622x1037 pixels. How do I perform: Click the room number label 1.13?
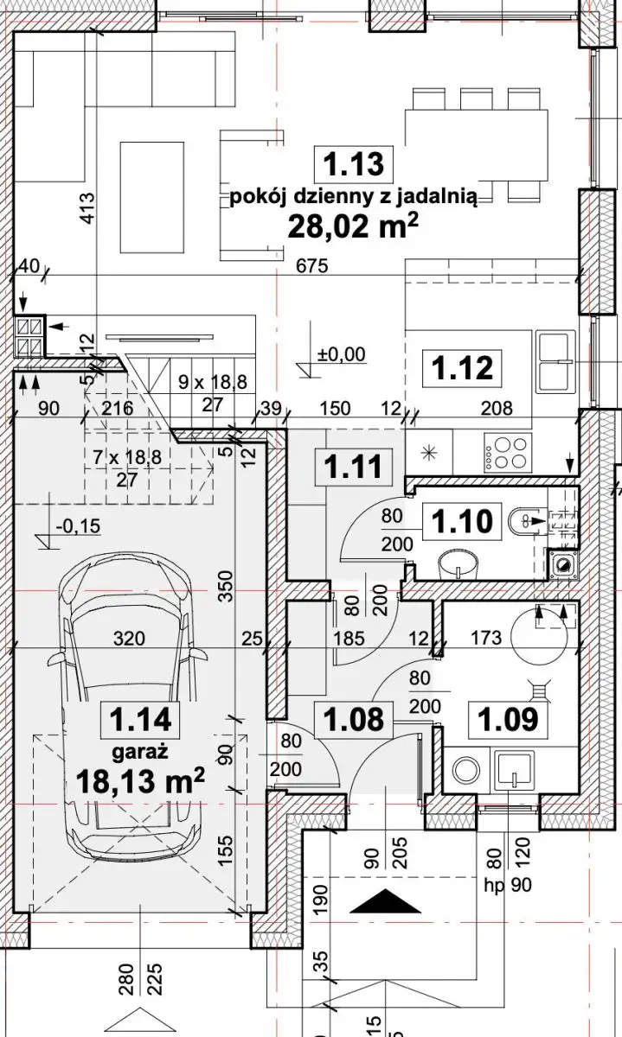pyautogui.click(x=354, y=164)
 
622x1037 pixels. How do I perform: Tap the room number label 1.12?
pyautogui.click(x=462, y=368)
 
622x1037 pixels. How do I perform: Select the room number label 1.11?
pyautogui.click(x=354, y=467)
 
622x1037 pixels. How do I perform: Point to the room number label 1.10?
pyautogui.click(x=462, y=521)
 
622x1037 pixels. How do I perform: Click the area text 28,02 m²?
pyautogui.click(x=353, y=226)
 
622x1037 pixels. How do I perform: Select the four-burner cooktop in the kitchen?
pyautogui.click(x=508, y=451)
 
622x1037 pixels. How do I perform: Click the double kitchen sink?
pyautogui.click(x=556, y=360)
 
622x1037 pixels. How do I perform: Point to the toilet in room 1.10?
pyautogui.click(x=528, y=521)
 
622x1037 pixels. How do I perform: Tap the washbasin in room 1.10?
pyautogui.click(x=458, y=563)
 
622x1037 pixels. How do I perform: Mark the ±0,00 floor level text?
pyautogui.click(x=341, y=354)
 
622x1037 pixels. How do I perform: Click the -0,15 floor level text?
pyautogui.click(x=77, y=526)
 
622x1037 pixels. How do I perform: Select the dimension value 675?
pyautogui.click(x=312, y=266)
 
